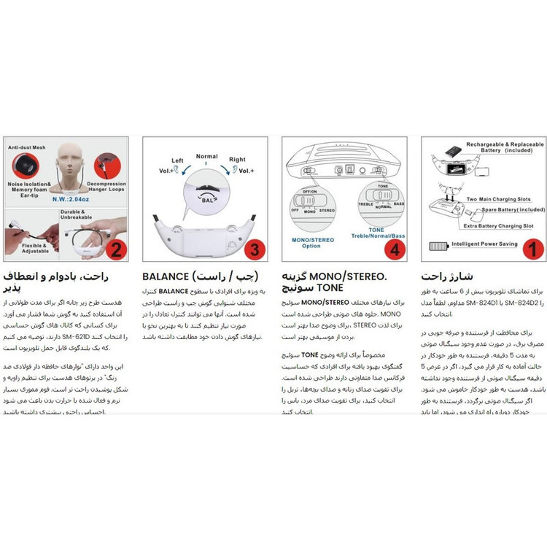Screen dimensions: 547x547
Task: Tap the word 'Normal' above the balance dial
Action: tap(206, 156)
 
